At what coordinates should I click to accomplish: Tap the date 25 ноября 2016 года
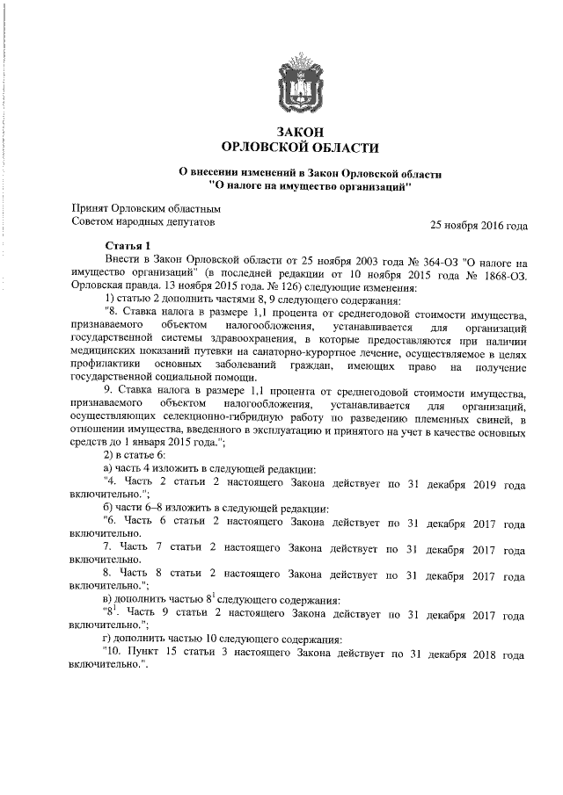coord(479,225)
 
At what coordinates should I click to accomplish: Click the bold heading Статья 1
coord(128,245)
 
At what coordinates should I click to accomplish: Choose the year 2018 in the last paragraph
coord(479,654)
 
